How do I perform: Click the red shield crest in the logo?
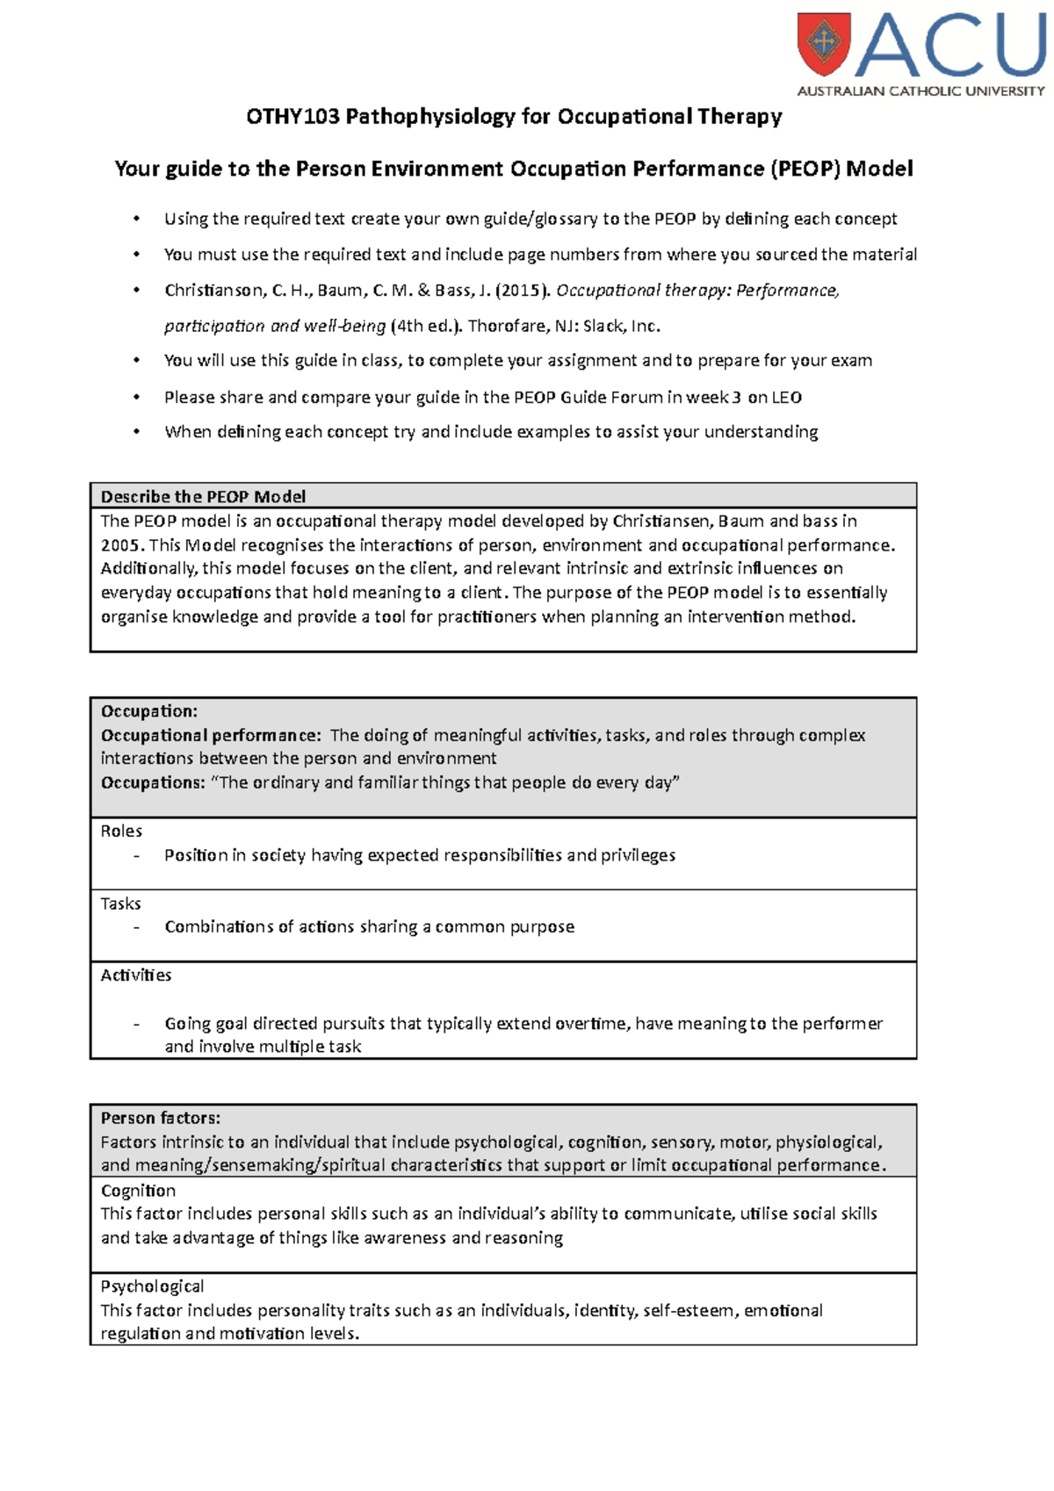coord(823,43)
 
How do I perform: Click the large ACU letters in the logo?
coord(949,46)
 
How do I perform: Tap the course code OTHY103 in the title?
coord(292,117)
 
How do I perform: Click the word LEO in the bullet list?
coord(786,398)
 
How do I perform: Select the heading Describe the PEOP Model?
coord(203,496)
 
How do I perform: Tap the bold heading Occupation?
coord(149,711)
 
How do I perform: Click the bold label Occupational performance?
coord(212,735)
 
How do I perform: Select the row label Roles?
coord(121,831)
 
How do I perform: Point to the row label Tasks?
coord(120,904)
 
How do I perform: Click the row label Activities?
coord(136,976)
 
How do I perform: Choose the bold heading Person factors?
coord(161,1118)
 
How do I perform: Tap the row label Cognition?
coord(138,1191)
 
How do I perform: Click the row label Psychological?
coord(152,1286)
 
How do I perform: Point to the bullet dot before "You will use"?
coord(136,361)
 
